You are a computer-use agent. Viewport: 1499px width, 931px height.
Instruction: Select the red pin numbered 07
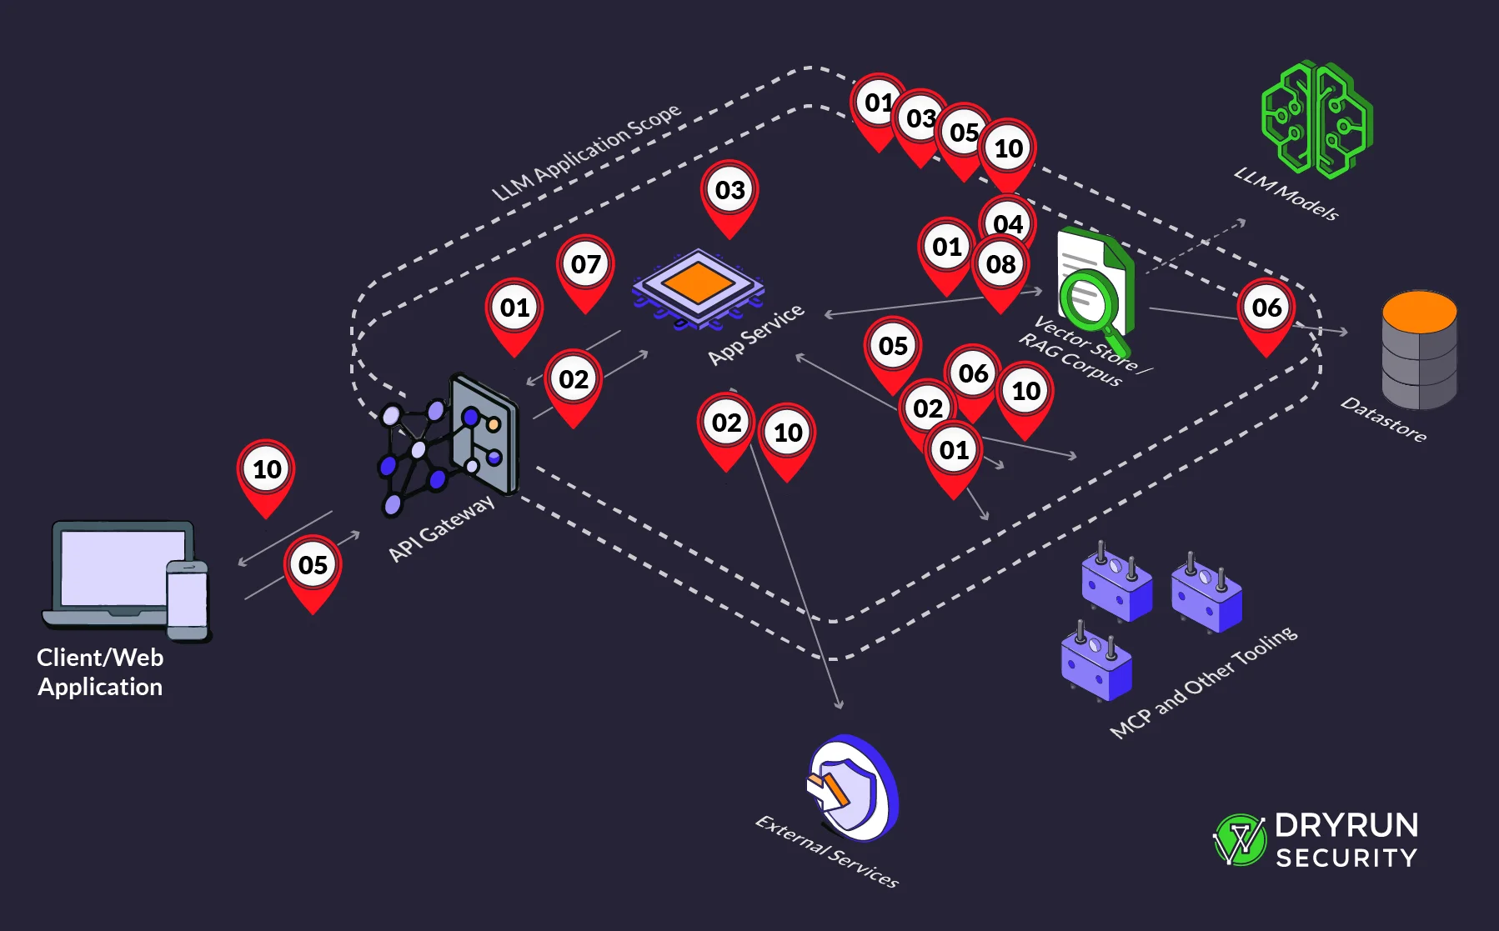[585, 265]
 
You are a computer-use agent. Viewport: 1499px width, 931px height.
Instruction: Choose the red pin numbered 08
[1001, 266]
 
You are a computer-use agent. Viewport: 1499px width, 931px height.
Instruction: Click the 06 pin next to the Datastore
[1266, 308]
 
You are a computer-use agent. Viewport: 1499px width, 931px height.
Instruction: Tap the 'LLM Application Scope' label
[586, 152]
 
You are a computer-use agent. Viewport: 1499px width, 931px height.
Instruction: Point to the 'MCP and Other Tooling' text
[1203, 682]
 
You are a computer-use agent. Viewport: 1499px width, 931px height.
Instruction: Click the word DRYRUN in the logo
[1346, 825]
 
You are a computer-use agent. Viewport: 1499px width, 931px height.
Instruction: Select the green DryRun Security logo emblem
[1240, 839]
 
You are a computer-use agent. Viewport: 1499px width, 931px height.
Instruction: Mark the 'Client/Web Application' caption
[100, 672]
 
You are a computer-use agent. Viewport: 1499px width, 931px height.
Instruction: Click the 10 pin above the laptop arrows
[267, 470]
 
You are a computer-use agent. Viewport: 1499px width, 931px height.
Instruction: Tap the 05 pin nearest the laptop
[313, 566]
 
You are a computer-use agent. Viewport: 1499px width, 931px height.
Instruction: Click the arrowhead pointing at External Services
[840, 705]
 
